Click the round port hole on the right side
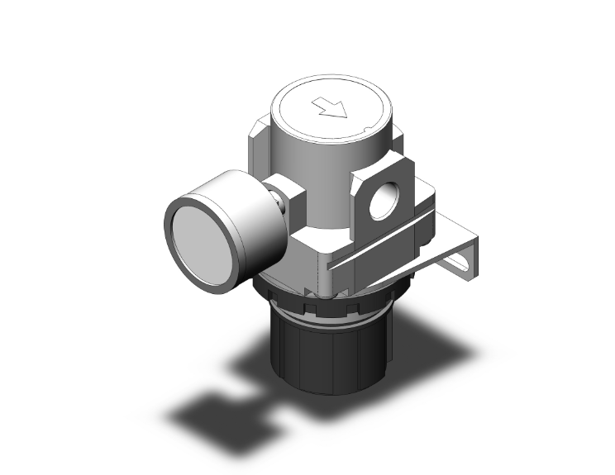click(x=383, y=202)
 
